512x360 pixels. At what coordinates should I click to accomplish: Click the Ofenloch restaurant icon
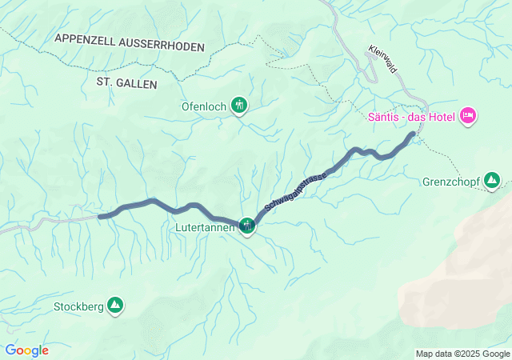[238, 105]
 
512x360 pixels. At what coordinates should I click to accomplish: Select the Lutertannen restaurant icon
[247, 227]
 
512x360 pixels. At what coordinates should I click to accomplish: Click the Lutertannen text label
[206, 228]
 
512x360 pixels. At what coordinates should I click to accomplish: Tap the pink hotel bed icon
[469, 117]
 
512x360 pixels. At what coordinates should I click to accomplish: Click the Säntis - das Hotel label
[411, 117]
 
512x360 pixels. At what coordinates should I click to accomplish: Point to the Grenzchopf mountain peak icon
[493, 182]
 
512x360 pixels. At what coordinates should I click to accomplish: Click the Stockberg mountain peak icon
[116, 305]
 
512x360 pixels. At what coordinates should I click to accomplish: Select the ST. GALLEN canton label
[126, 83]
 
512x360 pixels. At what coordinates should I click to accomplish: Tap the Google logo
[26, 350]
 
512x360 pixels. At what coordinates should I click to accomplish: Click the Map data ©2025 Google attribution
[462, 354]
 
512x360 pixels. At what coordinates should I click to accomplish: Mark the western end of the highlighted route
[100, 216]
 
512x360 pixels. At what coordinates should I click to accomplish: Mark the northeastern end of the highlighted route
[413, 134]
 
